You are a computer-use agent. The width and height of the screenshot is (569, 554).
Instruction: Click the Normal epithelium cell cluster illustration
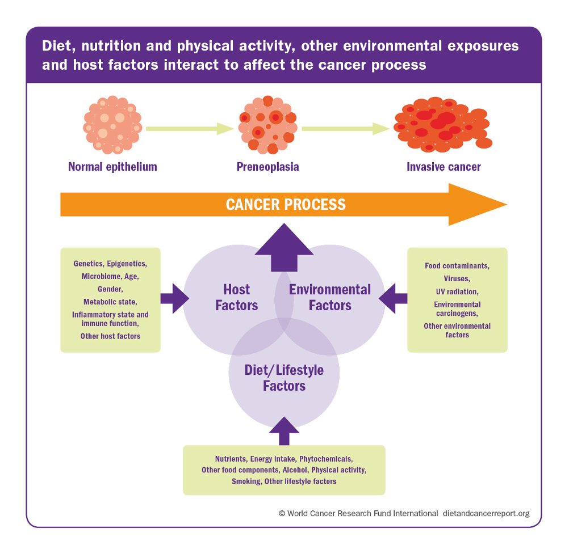coord(112,125)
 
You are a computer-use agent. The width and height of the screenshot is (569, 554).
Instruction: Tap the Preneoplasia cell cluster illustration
coord(267,125)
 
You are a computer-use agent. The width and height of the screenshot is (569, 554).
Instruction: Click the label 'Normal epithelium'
coord(112,167)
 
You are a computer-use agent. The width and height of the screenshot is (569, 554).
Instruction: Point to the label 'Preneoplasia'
coord(267,167)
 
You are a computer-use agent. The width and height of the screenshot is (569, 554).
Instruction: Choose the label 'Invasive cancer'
coord(444,167)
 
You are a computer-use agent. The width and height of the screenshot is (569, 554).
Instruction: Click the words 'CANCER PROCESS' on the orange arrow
coord(286,204)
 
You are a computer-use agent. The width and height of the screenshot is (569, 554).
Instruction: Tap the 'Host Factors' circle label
coord(237,298)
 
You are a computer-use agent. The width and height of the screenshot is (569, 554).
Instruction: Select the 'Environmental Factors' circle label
coord(330,298)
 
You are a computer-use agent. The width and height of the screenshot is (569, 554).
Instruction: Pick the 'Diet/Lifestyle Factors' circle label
coord(284,378)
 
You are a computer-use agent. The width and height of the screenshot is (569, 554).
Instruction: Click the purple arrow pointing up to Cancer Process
coord(284,247)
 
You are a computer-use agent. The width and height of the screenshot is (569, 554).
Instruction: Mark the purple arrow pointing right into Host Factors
coord(174,298)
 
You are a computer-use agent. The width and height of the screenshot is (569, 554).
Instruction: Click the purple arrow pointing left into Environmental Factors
coord(393,298)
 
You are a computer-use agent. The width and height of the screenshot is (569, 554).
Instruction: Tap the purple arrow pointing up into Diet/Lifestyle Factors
coord(284,432)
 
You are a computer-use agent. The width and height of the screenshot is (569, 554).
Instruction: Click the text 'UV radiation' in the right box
coord(457,291)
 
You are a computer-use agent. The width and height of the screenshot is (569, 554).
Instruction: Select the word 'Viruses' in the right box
coord(457,278)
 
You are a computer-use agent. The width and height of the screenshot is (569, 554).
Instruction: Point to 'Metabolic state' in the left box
coord(110,302)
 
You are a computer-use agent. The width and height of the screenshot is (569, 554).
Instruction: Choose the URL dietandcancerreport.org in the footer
coord(485,513)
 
